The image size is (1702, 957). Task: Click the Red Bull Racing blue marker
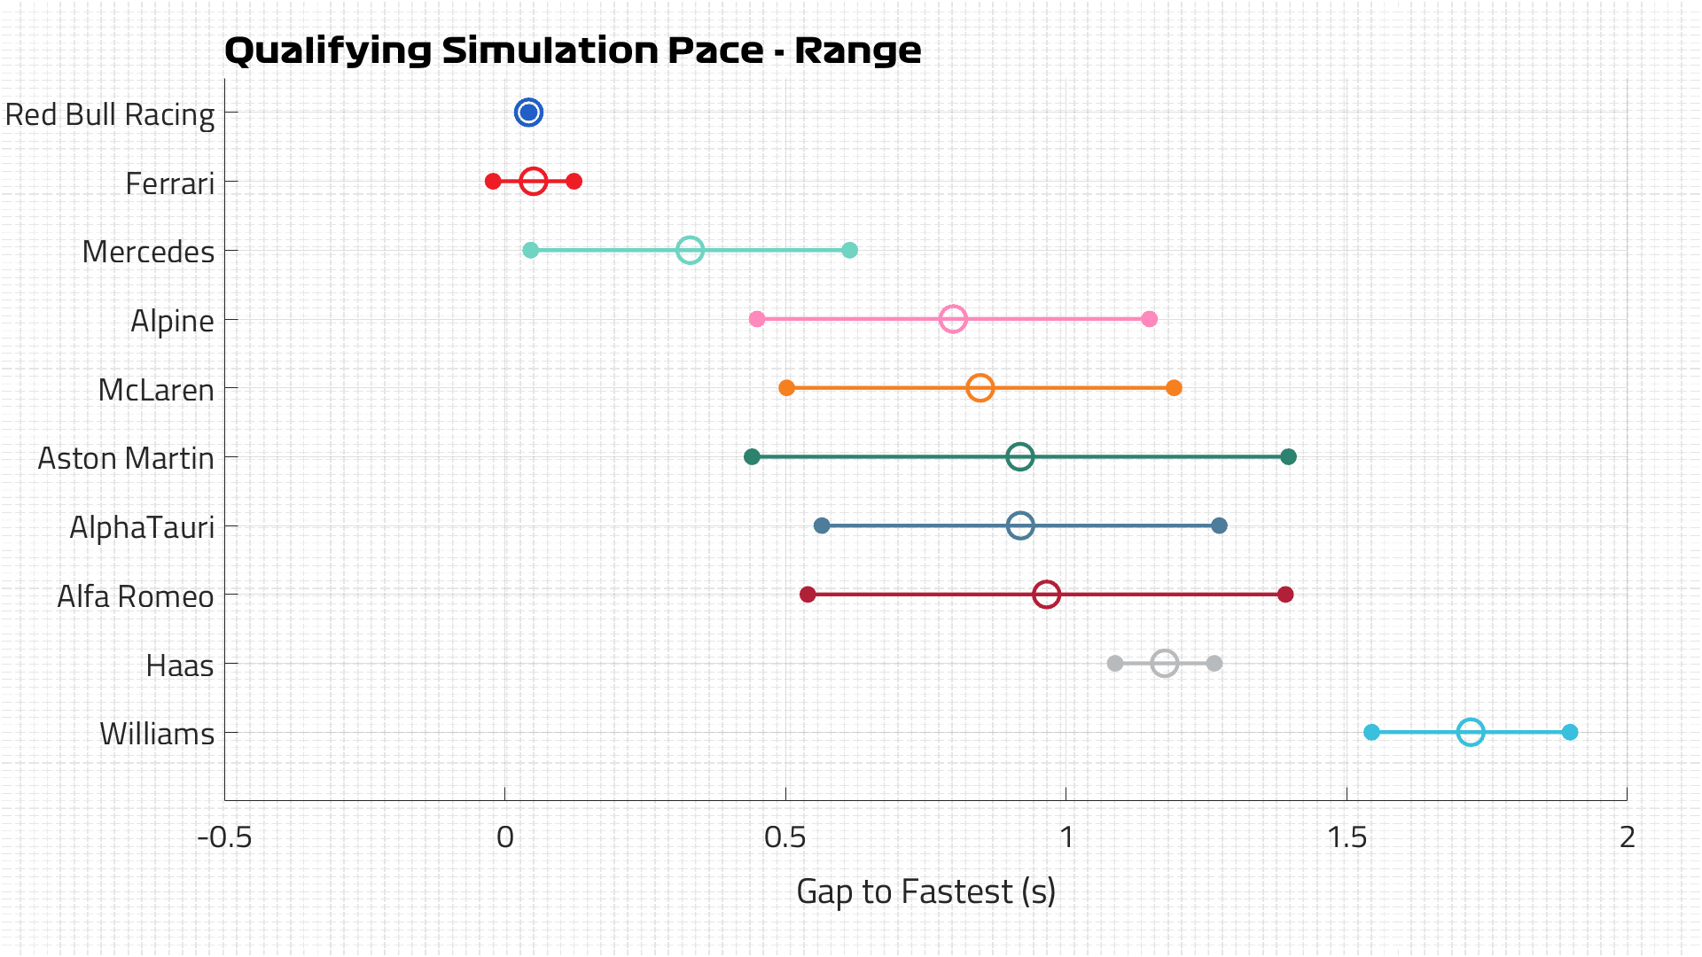pos(528,113)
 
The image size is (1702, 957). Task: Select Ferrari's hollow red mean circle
pos(533,182)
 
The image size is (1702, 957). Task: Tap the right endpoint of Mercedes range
pos(849,250)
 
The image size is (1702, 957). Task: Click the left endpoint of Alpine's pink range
pos(757,319)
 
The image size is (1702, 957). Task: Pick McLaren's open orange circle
pos(980,388)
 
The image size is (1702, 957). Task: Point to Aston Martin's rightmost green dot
pos(1288,457)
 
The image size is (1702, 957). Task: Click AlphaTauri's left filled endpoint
pos(822,525)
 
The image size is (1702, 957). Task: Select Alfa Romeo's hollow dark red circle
pos(1046,595)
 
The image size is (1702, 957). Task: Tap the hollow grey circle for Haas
pos(1165,663)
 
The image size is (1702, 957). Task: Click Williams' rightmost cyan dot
pos(1570,732)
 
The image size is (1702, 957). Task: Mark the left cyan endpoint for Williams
pos(1371,732)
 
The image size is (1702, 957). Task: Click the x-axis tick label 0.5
pos(785,836)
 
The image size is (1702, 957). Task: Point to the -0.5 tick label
pos(224,836)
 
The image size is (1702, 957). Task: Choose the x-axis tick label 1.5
pos(1347,836)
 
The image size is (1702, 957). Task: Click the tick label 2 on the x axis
pos(1627,836)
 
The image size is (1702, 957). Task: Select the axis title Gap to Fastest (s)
pos(925,891)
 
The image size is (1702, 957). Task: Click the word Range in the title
pos(857,51)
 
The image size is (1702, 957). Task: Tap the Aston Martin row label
pos(126,458)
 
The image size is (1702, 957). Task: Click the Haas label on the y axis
pos(180,665)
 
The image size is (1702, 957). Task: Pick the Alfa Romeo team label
pos(136,596)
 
